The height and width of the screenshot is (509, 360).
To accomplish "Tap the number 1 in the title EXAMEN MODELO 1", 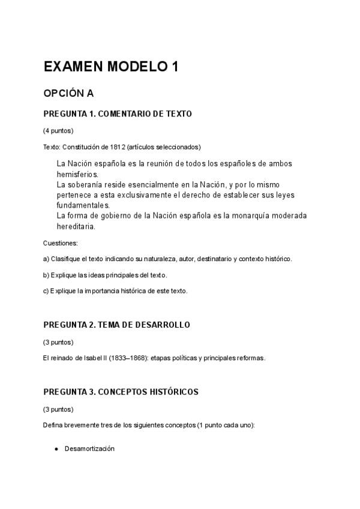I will tap(175, 67).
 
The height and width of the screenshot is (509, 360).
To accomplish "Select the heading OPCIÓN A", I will tap(68, 94).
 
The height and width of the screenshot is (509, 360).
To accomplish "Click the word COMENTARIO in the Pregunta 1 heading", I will tap(124, 114).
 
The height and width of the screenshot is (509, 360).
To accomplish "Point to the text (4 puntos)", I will tap(59, 130).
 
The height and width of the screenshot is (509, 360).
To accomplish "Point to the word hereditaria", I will tap(76, 227).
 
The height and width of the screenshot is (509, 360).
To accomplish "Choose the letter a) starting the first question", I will tap(47, 259).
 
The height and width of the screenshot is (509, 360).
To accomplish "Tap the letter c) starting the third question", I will tap(47, 291).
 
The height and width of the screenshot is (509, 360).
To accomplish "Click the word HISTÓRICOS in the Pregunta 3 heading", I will tap(172, 392).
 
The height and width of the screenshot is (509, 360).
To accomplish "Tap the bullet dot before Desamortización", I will tap(56, 449).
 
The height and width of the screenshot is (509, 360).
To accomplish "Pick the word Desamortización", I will tap(89, 449).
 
